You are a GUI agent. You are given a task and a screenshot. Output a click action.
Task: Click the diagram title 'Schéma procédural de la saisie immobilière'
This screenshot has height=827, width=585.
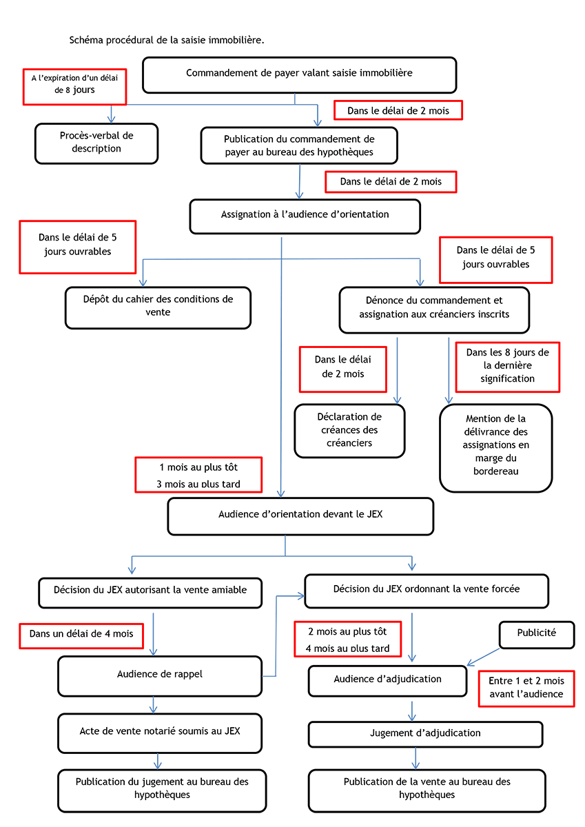[167, 40]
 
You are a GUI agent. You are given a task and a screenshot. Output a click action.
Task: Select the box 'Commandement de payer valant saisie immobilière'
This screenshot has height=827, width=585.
[299, 75]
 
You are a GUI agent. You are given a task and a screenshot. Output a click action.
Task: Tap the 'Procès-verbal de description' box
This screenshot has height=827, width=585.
[96, 143]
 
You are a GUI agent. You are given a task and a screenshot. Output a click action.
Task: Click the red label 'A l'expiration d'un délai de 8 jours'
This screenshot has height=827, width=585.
[74, 87]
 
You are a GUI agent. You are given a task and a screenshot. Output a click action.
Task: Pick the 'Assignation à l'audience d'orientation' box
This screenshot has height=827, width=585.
[305, 216]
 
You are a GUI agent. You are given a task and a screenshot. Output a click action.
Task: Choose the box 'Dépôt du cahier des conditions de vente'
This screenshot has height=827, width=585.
[158, 307]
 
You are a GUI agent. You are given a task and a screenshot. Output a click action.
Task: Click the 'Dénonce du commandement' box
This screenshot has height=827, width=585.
[434, 309]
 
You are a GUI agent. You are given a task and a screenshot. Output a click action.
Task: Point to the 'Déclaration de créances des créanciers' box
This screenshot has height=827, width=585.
[349, 431]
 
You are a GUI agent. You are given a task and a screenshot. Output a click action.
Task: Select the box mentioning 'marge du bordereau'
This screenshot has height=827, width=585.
[495, 448]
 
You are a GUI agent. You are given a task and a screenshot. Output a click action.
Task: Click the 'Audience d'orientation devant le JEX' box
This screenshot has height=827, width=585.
[300, 516]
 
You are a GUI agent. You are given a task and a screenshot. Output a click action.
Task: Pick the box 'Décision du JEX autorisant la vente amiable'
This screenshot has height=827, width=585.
[150, 593]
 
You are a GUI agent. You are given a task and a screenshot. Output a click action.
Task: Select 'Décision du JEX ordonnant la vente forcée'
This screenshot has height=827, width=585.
[427, 591]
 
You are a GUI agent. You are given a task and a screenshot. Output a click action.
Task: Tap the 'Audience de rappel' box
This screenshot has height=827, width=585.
[160, 676]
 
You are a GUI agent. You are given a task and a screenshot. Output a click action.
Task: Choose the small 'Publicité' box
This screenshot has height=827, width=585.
[537, 635]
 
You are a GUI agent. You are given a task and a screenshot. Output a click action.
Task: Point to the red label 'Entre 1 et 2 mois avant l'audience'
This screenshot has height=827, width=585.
[526, 688]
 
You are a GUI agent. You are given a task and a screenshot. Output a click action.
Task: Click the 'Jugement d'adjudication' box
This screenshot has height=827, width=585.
[425, 734]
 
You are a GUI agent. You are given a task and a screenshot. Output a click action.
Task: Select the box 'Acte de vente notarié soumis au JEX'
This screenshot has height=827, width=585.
[160, 733]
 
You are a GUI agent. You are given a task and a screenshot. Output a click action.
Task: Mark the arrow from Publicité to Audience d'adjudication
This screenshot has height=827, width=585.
[483, 657]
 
